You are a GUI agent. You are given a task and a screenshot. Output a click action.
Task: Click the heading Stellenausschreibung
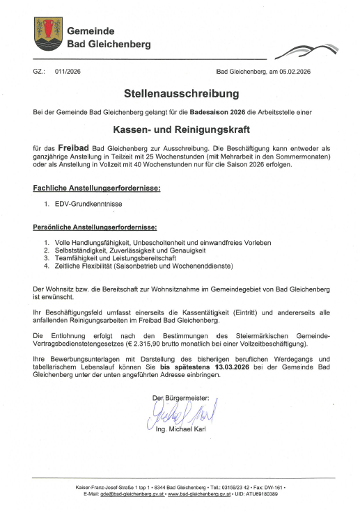[x=180, y=93]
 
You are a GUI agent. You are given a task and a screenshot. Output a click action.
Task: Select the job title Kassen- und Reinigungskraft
[x=180, y=129]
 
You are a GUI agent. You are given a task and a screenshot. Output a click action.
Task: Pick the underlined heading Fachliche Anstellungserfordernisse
[x=97, y=188]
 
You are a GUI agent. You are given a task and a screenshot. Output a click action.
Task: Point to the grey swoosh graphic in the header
[x=300, y=51]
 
